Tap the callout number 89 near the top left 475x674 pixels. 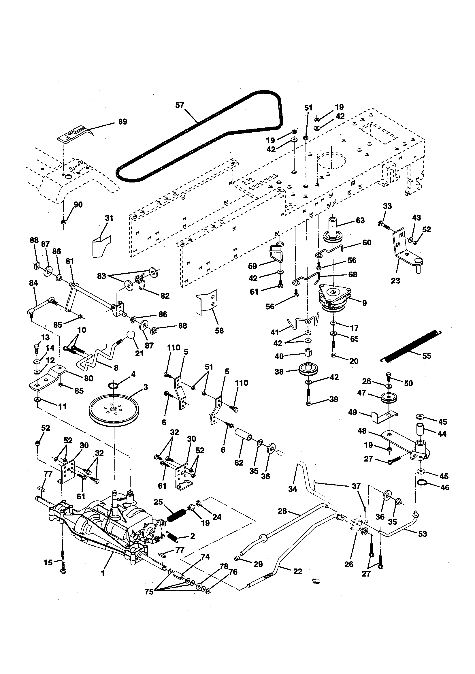(122, 122)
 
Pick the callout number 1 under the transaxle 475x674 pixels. (103, 573)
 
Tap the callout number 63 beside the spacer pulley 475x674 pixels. (360, 220)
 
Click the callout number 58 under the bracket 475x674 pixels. (219, 331)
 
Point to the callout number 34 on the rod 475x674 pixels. (292, 489)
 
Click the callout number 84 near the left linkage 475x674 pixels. (33, 283)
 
